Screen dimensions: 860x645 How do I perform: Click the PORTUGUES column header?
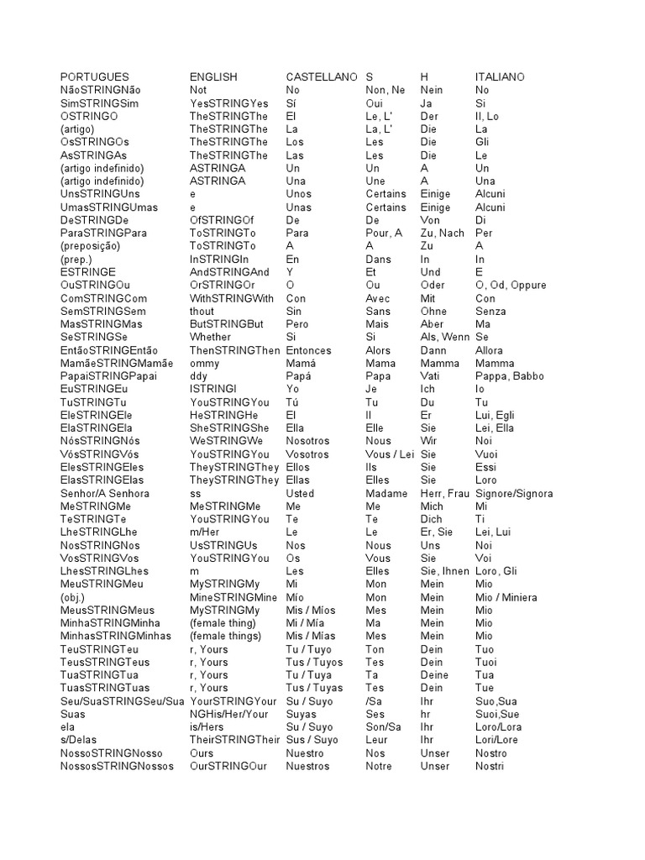click(x=95, y=76)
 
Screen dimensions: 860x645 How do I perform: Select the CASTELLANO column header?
click(x=322, y=76)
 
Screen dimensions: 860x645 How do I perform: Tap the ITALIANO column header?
click(x=500, y=76)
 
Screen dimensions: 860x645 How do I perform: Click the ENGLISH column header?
click(x=213, y=76)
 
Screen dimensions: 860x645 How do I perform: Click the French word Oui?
click(x=375, y=103)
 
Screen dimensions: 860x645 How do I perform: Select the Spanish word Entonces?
click(x=308, y=350)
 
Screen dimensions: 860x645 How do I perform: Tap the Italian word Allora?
click(x=490, y=350)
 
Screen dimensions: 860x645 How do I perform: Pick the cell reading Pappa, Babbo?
click(x=507, y=376)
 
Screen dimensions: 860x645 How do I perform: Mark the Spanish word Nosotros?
click(x=309, y=441)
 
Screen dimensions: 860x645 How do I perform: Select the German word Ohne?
click(x=433, y=311)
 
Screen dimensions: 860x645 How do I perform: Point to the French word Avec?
click(x=378, y=298)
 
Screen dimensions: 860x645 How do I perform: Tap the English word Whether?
click(x=210, y=337)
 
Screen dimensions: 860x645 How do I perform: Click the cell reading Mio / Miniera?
click(x=506, y=598)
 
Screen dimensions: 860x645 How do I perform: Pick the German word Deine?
click(x=434, y=675)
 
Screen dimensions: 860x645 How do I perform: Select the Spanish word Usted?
click(x=300, y=494)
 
